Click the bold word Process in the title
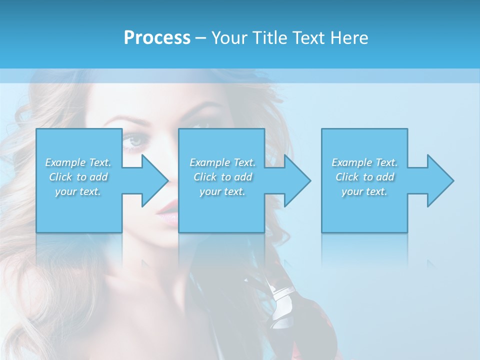pos(157,38)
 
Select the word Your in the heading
pos(230,38)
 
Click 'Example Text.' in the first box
pos(78,162)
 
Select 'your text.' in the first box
pos(78,191)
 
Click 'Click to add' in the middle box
pos(222,177)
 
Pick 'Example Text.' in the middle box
pos(222,162)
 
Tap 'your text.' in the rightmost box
pos(364,191)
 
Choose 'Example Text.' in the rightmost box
pos(364,162)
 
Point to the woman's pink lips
pos(166,212)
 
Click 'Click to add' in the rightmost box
pos(364,177)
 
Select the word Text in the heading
pos(309,38)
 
